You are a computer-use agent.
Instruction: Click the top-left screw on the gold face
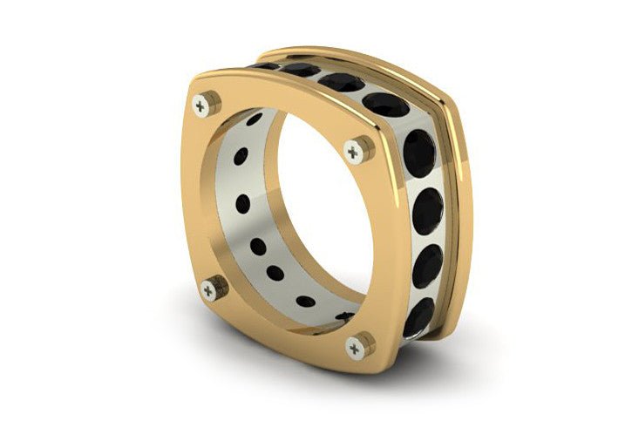click(x=202, y=105)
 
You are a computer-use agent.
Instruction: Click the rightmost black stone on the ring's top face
click(x=385, y=104)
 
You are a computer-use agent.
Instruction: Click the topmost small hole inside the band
click(x=255, y=119)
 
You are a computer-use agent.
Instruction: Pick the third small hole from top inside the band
click(x=243, y=204)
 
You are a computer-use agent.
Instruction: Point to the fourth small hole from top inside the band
click(x=258, y=247)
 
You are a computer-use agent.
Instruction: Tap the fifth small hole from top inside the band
click(x=276, y=273)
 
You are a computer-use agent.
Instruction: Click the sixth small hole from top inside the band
click(x=305, y=301)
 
